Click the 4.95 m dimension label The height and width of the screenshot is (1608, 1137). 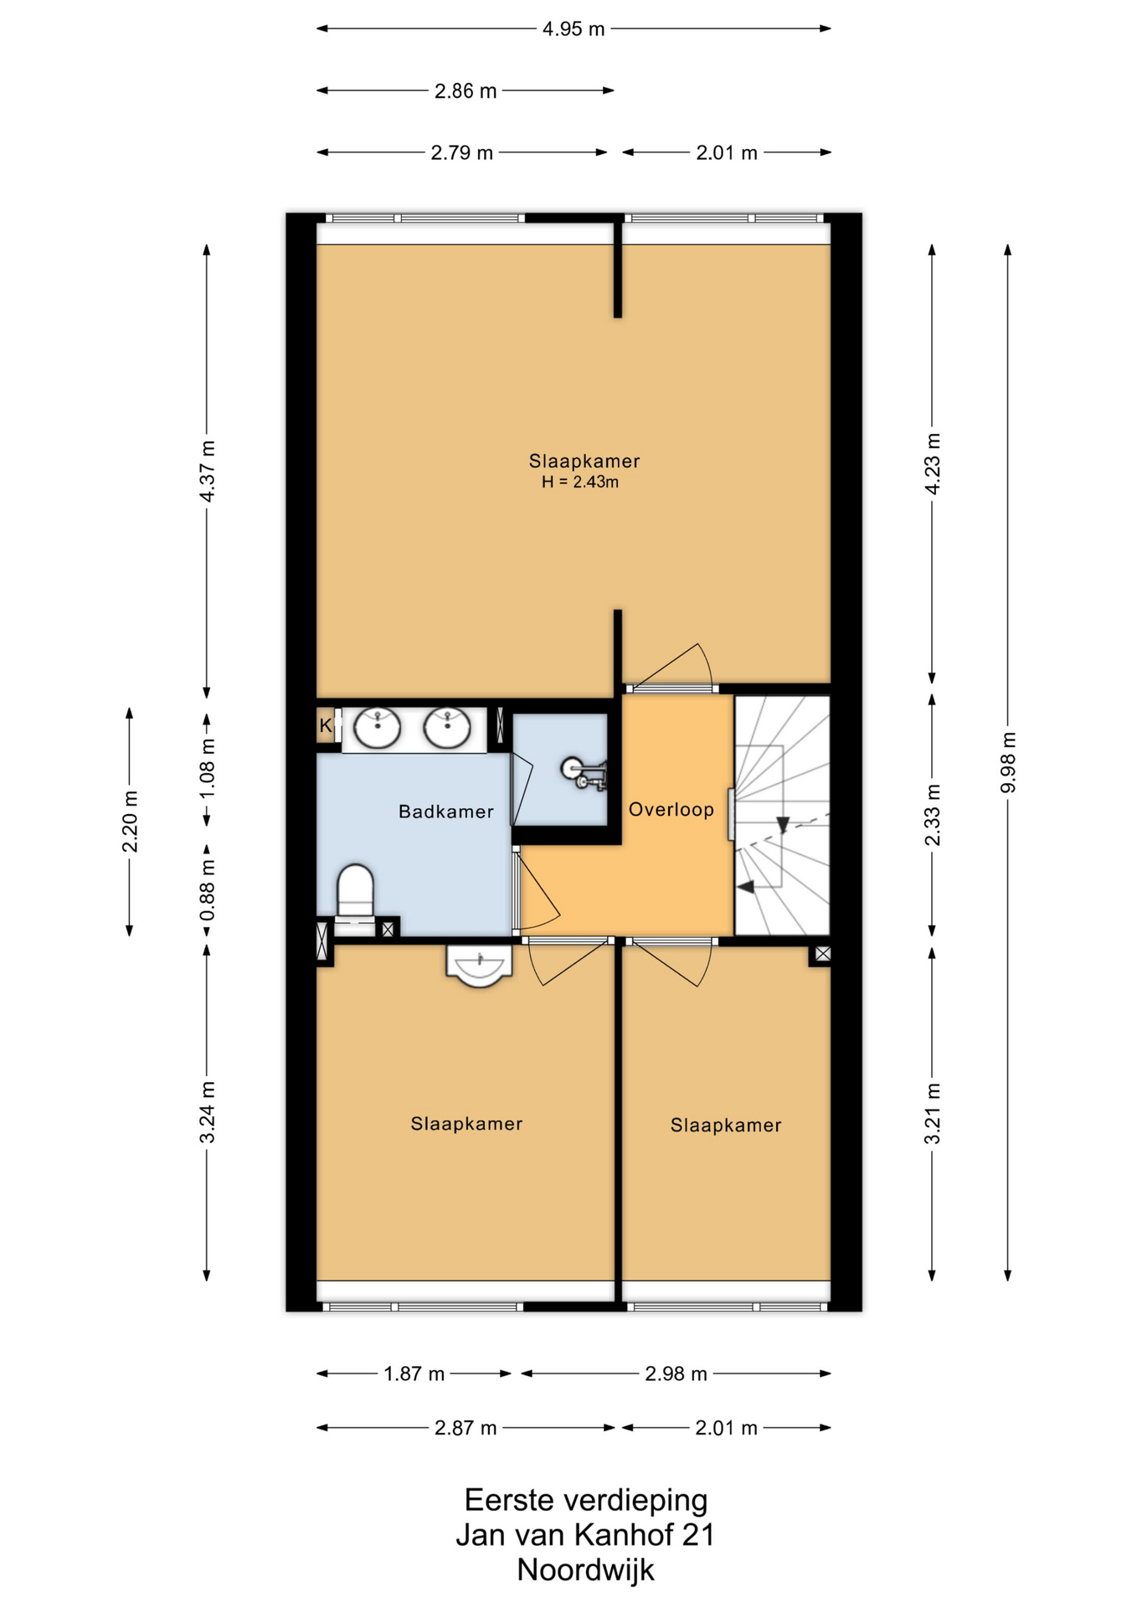click(574, 29)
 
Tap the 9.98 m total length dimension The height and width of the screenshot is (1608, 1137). click(1009, 762)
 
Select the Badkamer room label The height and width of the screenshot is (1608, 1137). click(445, 812)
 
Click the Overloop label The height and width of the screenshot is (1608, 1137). click(671, 810)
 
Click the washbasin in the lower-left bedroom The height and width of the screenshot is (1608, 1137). click(478, 966)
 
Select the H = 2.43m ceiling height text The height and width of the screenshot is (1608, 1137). click(580, 482)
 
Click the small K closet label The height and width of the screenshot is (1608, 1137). click(325, 726)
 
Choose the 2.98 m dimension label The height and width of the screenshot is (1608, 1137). click(676, 1373)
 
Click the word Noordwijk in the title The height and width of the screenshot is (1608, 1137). click(585, 1570)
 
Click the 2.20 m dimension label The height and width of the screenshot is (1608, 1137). click(131, 822)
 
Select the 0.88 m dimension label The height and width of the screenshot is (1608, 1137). click(208, 889)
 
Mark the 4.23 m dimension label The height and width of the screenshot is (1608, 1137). click(933, 464)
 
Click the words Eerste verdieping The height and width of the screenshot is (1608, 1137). click(586, 1500)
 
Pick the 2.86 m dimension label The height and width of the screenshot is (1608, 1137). click(466, 91)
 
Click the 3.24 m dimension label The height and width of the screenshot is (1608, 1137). click(208, 1112)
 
